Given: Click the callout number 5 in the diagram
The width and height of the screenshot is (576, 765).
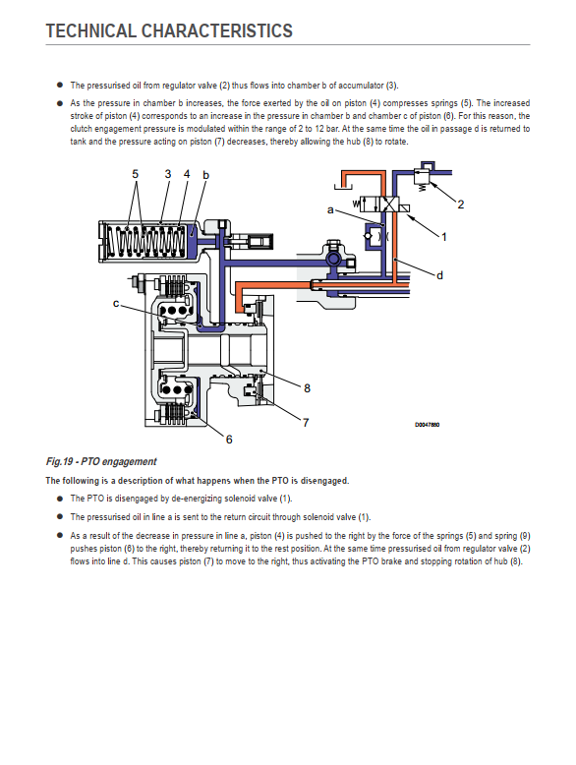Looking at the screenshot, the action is pos(135,174).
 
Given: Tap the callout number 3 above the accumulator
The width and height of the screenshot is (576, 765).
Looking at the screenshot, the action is pos(168,174).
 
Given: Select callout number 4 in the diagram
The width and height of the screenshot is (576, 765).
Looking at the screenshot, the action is pos(187,174).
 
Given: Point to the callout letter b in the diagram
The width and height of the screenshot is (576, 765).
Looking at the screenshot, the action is pos(205,175).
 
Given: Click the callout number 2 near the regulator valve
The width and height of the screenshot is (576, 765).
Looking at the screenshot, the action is pos(460,205).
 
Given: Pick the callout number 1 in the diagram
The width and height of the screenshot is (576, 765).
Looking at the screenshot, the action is pos(444,237).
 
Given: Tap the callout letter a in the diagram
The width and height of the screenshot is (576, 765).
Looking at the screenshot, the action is pos(330,209).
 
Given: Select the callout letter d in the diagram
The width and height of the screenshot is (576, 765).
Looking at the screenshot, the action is pos(439,275).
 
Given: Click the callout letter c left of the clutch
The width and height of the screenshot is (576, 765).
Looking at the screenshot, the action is pos(116,303).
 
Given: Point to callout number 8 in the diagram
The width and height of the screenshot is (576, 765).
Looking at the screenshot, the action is pos(307,387).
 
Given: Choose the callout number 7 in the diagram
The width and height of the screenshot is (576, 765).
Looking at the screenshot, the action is pos(306,423).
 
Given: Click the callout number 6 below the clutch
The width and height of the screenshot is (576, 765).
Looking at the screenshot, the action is pos(229,440).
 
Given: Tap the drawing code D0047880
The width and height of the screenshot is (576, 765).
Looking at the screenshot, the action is pos(428,425).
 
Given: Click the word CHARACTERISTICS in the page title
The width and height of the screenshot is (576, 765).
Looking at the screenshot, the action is pos(216,30).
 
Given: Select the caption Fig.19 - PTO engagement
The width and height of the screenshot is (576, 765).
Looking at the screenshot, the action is pos(101,461).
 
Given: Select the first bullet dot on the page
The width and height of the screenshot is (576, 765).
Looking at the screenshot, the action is pos(60,85).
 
